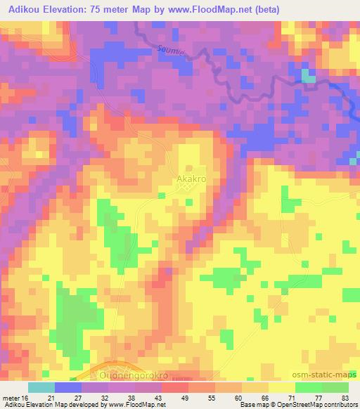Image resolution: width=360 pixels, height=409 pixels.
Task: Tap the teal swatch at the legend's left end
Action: point(41,387)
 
